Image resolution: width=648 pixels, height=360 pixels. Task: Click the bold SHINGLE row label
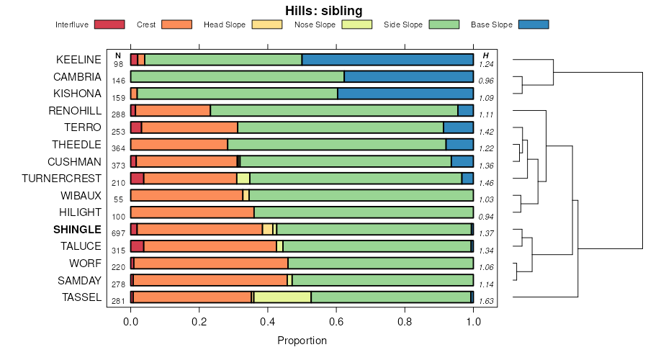(77, 229)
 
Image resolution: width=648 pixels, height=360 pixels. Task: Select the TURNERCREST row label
(62, 179)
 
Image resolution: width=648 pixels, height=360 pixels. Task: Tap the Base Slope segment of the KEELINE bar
(387, 60)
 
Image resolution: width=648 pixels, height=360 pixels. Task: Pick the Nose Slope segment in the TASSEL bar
(282, 297)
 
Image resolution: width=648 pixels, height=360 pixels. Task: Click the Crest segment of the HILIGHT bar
(192, 212)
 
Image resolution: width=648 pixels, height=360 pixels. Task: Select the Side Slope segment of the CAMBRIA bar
(238, 76)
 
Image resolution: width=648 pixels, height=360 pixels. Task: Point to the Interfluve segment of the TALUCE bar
(137, 246)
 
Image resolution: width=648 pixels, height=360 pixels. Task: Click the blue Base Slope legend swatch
(534, 24)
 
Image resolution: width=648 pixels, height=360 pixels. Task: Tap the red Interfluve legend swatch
(109, 24)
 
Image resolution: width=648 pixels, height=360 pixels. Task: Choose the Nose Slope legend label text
(315, 24)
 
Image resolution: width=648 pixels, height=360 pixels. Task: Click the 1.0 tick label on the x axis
(473, 321)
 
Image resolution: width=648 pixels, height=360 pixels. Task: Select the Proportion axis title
(302, 340)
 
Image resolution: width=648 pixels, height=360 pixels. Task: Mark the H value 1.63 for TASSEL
(486, 302)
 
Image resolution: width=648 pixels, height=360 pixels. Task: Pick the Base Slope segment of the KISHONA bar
(405, 94)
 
